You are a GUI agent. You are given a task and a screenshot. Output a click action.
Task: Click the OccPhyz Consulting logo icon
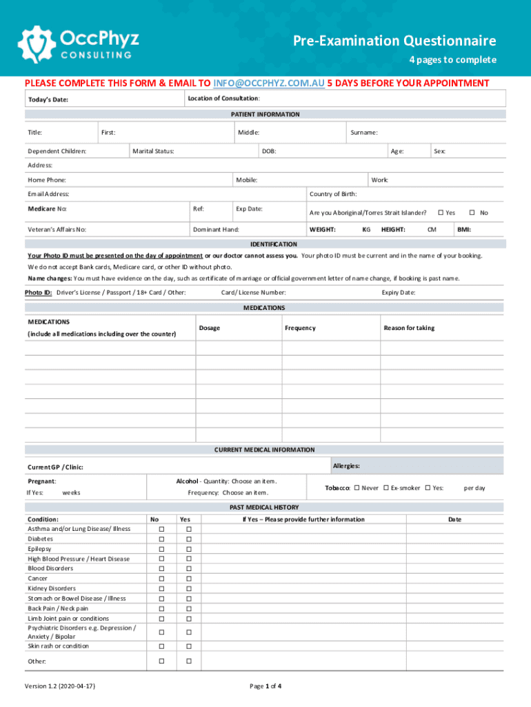tap(34, 43)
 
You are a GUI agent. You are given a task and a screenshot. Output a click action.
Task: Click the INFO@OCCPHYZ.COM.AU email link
tap(269, 84)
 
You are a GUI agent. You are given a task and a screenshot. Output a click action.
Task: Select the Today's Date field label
tap(48, 99)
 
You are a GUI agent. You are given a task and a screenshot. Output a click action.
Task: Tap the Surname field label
tap(363, 132)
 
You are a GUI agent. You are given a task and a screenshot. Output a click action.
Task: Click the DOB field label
tap(269, 151)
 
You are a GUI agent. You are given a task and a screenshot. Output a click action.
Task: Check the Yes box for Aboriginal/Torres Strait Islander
tap(441, 213)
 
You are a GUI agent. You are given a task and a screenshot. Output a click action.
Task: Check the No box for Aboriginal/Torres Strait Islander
tap(472, 213)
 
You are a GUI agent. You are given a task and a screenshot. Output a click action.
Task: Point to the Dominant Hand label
tap(216, 229)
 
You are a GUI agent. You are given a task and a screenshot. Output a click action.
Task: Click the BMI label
tap(464, 229)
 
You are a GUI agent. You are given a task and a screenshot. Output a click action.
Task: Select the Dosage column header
tap(210, 328)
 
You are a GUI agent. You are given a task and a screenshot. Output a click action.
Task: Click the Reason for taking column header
tap(409, 328)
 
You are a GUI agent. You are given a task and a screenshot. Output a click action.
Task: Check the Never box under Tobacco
tap(357, 488)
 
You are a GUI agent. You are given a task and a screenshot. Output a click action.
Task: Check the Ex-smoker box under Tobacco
tap(386, 488)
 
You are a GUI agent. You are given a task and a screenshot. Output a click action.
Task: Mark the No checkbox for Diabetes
tap(161, 539)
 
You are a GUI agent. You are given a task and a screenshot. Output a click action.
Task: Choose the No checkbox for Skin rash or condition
tap(161, 646)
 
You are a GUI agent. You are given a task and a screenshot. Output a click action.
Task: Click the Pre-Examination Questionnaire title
tap(394, 41)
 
